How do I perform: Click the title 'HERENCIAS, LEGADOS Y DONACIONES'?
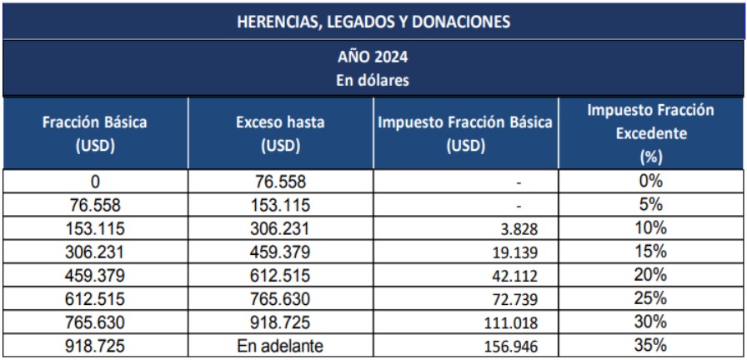pos(373,22)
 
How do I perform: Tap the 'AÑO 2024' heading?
pos(373,59)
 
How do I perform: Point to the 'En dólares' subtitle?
pos(373,80)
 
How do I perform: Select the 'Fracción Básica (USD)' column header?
pos(95,133)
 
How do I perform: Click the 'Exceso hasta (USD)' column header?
pos(280,133)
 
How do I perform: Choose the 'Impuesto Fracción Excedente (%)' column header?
pos(651,133)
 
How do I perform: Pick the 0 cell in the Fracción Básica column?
pos(95,182)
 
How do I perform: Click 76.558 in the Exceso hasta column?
pos(280,182)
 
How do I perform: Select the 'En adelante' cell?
pos(280,345)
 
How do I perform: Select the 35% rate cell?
pos(651,345)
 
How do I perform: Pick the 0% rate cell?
pos(651,182)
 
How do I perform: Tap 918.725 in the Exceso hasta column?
pos(280,322)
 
